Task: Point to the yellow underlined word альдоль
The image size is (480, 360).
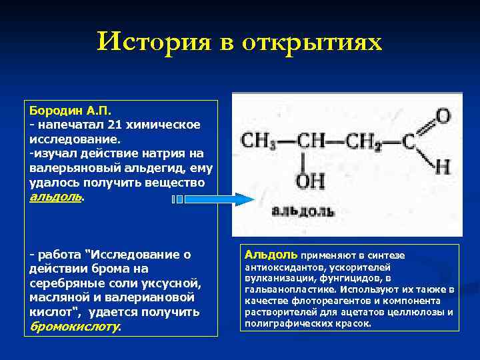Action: click(x=56, y=197)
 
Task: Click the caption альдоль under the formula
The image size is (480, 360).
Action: click(x=303, y=212)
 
